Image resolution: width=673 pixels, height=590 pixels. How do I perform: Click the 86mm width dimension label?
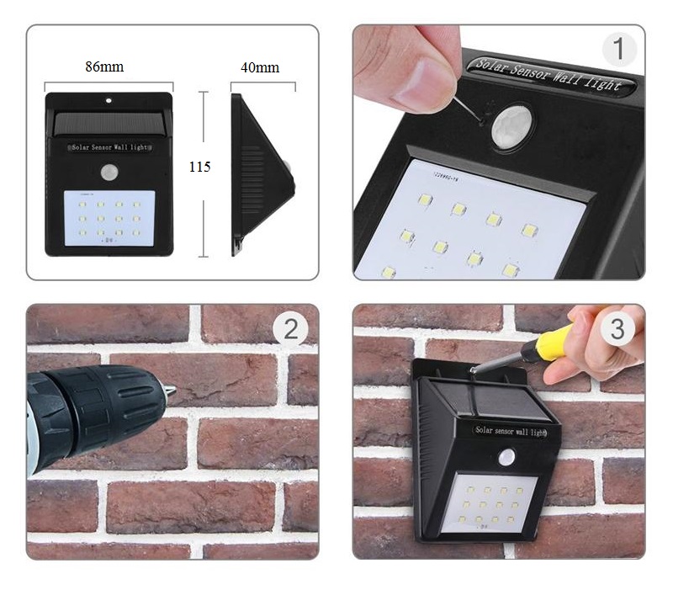[104, 66]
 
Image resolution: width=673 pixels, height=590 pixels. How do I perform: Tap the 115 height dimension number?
[199, 167]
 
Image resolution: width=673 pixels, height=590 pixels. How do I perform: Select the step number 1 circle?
[619, 50]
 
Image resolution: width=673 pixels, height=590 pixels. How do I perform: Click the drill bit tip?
[171, 391]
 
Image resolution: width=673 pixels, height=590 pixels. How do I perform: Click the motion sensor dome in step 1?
[512, 127]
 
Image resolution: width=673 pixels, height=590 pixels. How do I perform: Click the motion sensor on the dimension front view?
[109, 173]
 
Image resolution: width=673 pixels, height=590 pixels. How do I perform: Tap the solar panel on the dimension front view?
[108, 124]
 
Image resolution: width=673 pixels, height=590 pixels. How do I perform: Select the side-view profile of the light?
[262, 173]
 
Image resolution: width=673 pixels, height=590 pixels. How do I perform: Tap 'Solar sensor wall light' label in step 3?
[510, 431]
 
